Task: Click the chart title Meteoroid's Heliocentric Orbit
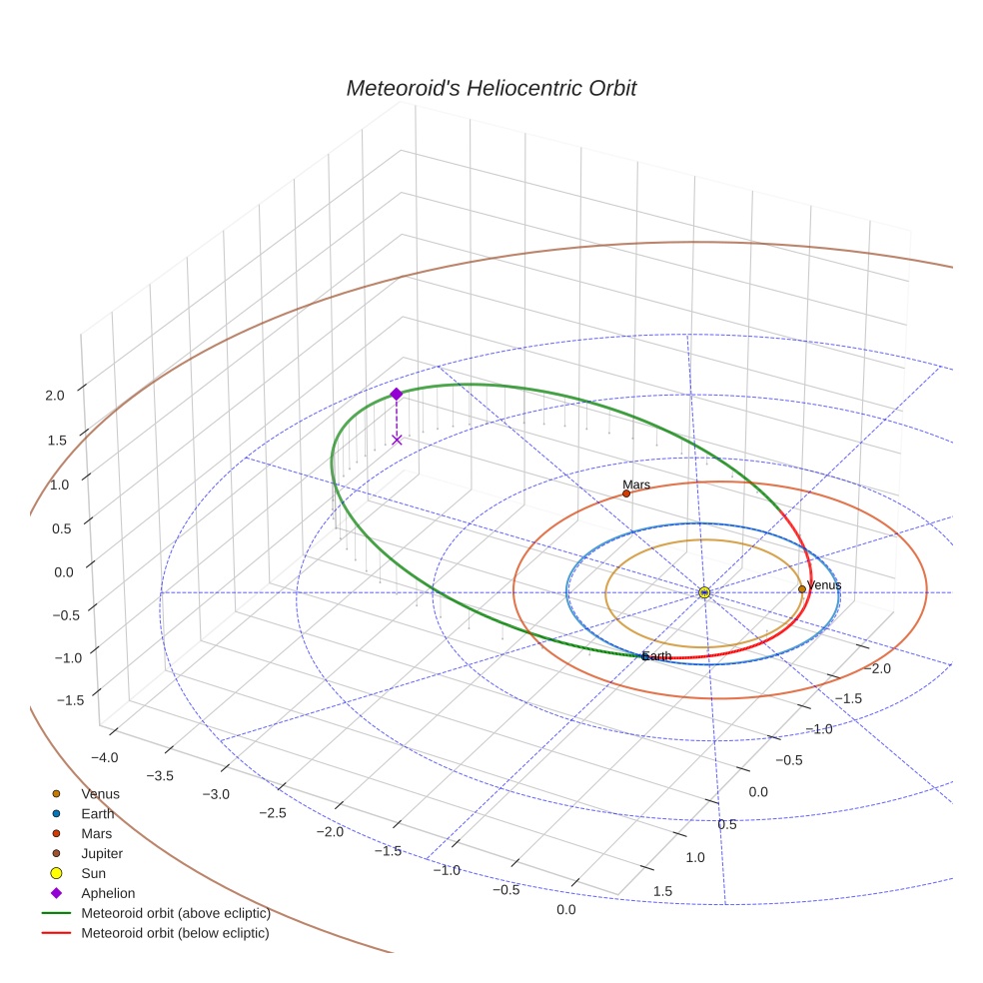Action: (x=491, y=88)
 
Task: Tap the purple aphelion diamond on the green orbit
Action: (x=397, y=394)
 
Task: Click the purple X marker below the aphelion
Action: (x=397, y=440)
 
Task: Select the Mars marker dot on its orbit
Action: (x=626, y=493)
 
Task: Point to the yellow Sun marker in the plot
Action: (x=704, y=592)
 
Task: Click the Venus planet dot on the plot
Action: (x=802, y=589)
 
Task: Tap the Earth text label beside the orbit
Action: (x=657, y=656)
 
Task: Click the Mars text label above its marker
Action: (x=636, y=485)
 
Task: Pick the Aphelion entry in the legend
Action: (x=108, y=893)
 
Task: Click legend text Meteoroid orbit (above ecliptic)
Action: (x=176, y=913)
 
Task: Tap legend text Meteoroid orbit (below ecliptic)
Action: (x=176, y=933)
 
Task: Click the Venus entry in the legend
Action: (x=100, y=793)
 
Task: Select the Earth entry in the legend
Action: (x=98, y=813)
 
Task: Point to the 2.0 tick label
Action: (x=55, y=395)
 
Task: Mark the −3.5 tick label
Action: (x=160, y=775)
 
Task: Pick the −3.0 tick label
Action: (x=216, y=793)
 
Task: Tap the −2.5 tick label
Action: (x=272, y=812)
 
